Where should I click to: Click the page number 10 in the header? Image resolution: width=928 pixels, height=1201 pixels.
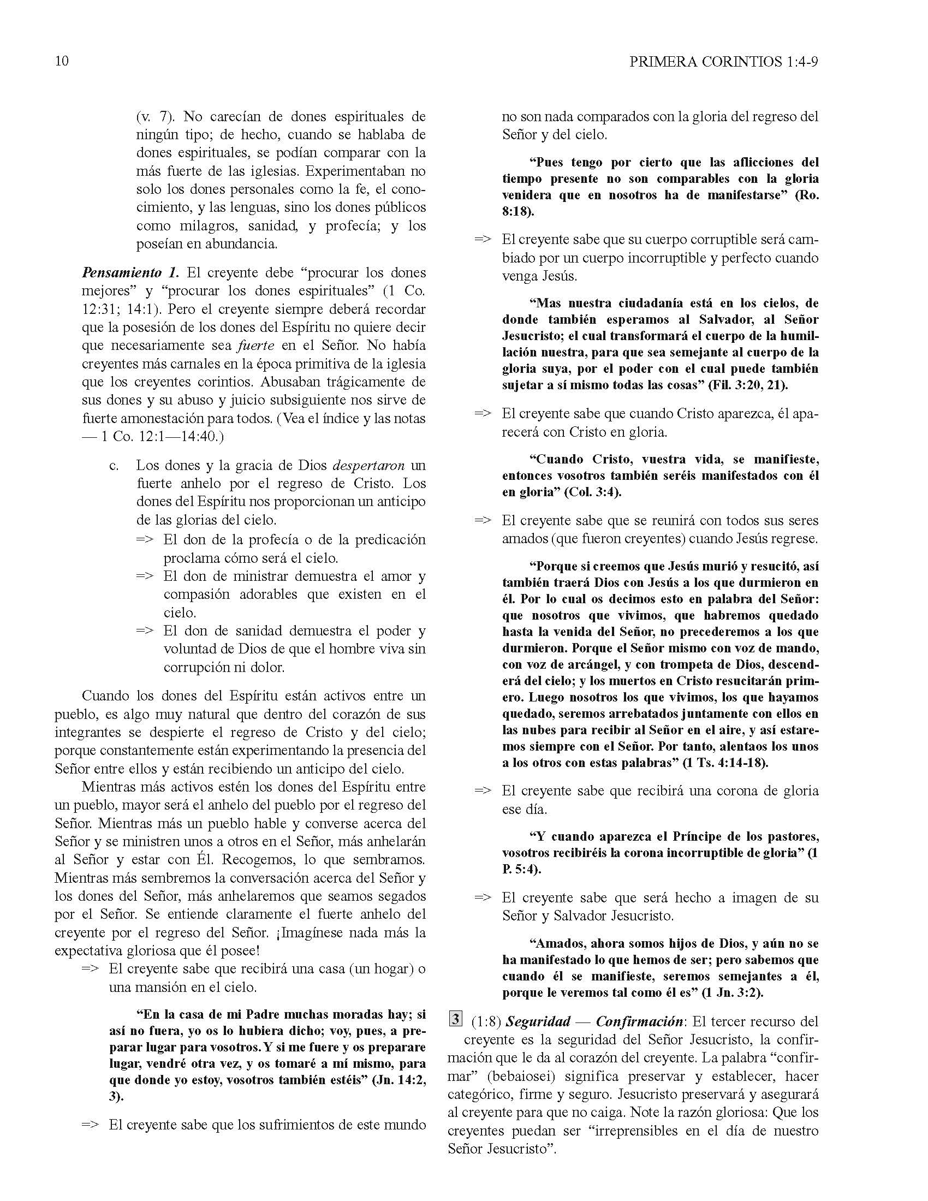[x=62, y=61]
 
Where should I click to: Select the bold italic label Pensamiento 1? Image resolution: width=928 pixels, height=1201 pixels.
[x=130, y=273]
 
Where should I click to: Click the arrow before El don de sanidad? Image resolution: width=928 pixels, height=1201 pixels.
[x=145, y=631]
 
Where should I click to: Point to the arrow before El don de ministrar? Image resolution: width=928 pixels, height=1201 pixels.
[x=145, y=576]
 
